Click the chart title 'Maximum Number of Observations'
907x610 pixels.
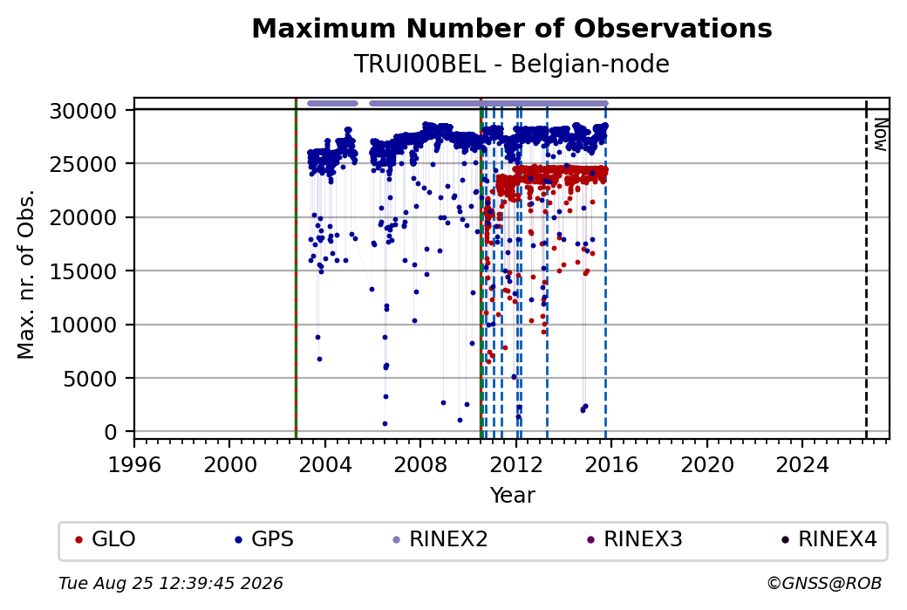[x=512, y=28]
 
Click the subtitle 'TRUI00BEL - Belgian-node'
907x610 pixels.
[x=512, y=64]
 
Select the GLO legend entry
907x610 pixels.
[x=106, y=538]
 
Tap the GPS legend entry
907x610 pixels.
[x=264, y=538]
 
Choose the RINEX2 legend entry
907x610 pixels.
[x=440, y=538]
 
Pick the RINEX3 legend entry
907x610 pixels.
[x=635, y=538]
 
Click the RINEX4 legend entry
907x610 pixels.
[x=829, y=538]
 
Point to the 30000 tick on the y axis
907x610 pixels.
[x=84, y=111]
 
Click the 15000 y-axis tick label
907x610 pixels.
[x=84, y=271]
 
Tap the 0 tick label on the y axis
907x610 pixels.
[x=111, y=432]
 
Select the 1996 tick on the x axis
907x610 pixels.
[x=134, y=465]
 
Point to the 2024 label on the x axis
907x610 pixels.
[x=802, y=465]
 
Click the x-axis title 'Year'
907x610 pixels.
[x=512, y=496]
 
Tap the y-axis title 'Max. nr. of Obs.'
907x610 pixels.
[x=26, y=274]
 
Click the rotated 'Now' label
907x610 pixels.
[x=880, y=134]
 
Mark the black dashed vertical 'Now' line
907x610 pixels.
[x=866, y=269]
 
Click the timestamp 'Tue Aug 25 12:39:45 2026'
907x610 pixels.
[x=171, y=583]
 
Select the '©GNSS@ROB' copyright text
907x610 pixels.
[x=824, y=583]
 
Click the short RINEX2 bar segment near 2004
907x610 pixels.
[x=332, y=104]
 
